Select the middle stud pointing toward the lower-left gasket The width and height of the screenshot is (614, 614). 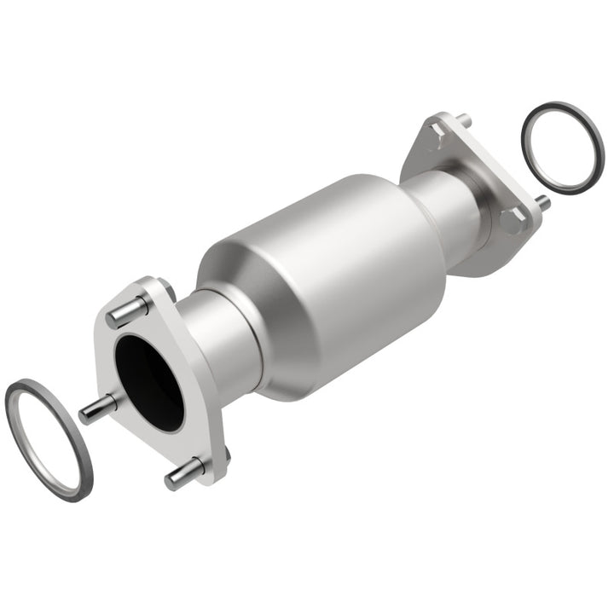96,409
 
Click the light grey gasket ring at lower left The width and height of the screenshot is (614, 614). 47,438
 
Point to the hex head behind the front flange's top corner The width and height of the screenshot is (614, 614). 166,290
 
